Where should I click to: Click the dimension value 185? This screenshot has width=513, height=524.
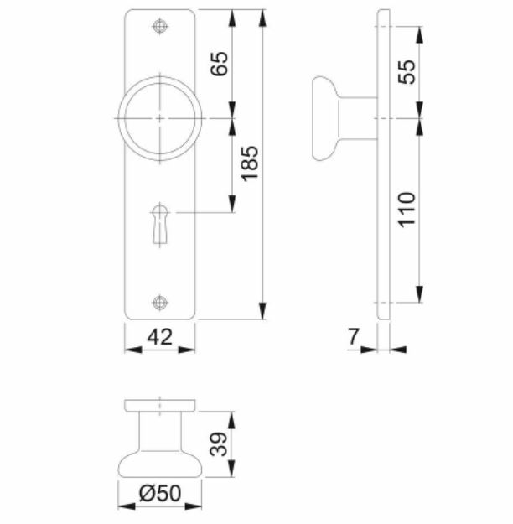(249, 164)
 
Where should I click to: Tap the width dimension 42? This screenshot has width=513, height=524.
(159, 337)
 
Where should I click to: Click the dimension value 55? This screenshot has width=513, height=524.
(407, 72)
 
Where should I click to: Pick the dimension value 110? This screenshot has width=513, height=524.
(407, 210)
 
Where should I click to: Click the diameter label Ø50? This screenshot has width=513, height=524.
(160, 495)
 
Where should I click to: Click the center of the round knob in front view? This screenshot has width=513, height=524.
(159, 119)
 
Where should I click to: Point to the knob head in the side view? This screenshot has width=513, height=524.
(322, 118)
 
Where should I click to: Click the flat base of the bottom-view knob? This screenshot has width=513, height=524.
(159, 406)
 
